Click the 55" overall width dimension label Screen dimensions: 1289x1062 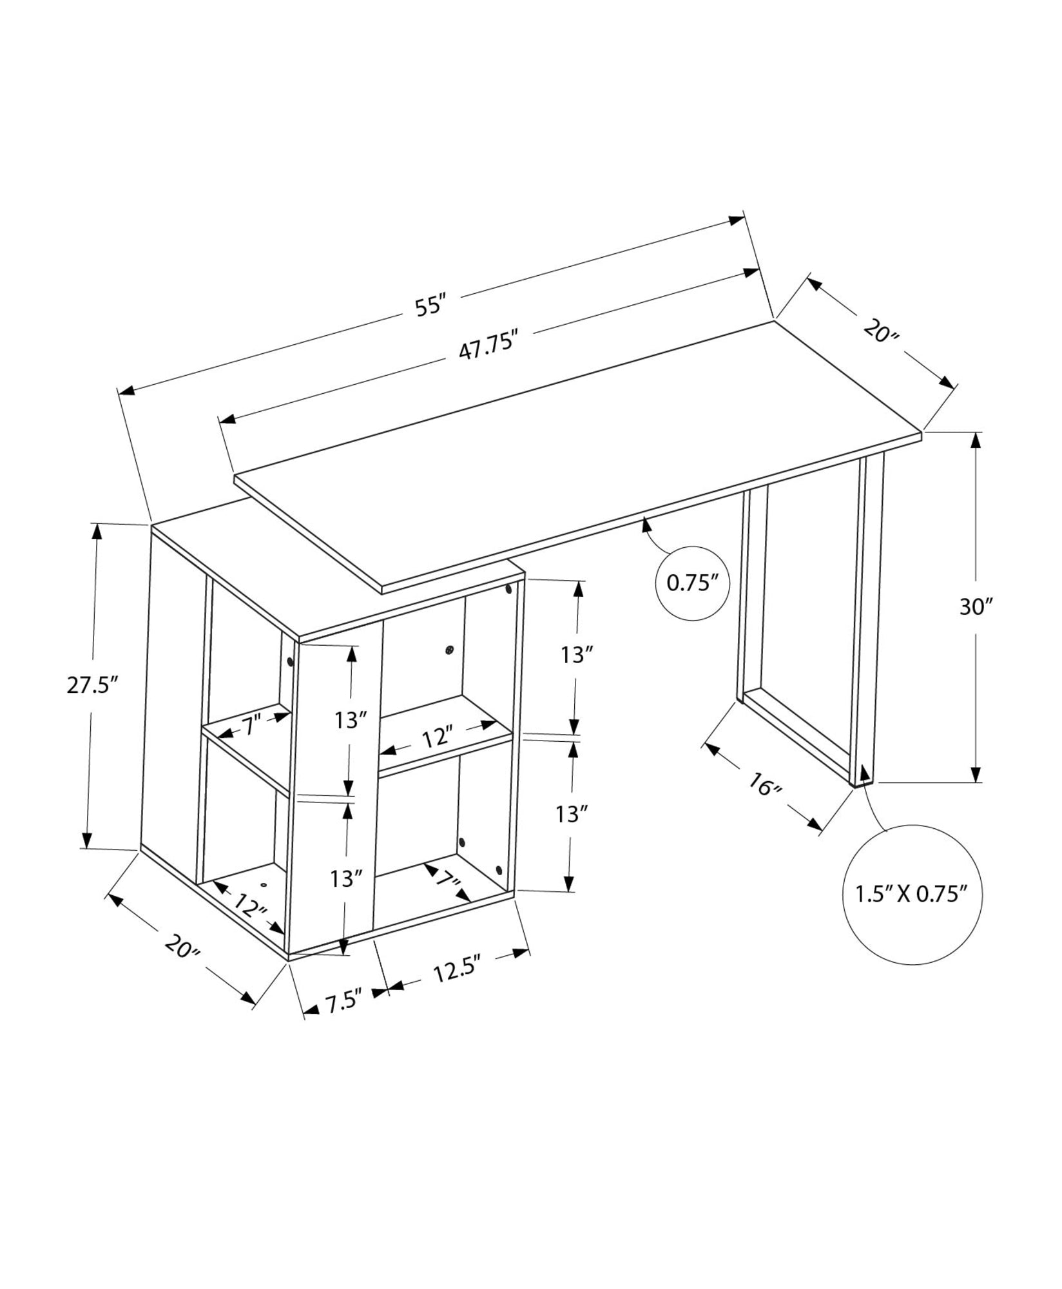430,305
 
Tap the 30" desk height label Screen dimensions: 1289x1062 976,606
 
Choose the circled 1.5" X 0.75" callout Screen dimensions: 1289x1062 912,894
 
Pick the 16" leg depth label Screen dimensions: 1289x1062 765,785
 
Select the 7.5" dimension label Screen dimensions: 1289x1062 345,1003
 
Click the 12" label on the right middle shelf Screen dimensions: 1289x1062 438,736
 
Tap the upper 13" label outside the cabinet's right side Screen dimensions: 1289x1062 576,655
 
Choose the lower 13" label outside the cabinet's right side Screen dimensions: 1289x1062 572,815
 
